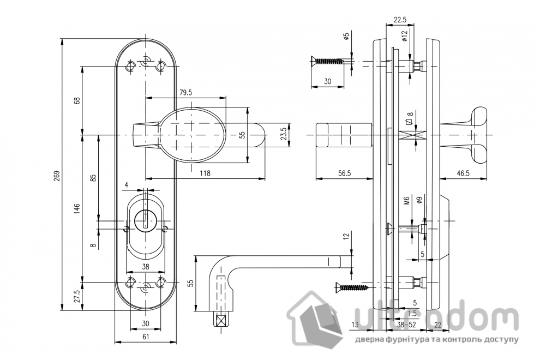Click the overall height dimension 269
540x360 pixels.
click(x=57, y=176)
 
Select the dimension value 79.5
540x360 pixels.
click(x=185, y=92)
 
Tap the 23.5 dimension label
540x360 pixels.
click(x=283, y=134)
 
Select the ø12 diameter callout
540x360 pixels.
click(x=404, y=36)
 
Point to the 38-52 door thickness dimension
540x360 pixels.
click(x=404, y=325)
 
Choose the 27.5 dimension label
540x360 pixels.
click(x=77, y=296)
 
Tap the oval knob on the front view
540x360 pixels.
click(x=192, y=135)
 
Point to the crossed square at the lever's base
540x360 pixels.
click(x=221, y=320)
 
